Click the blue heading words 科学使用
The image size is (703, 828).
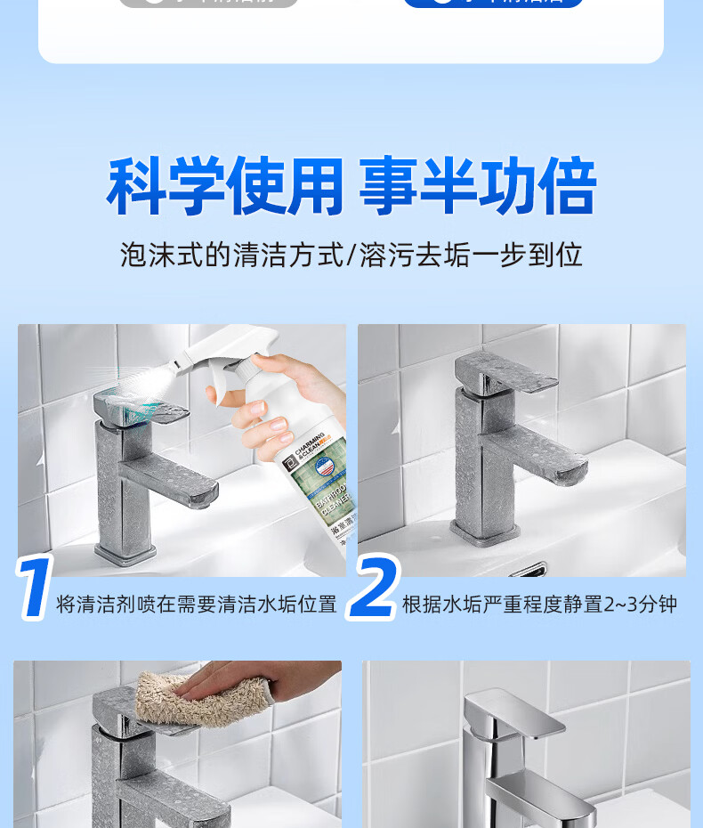(x=224, y=186)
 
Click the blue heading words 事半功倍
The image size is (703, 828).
(x=477, y=186)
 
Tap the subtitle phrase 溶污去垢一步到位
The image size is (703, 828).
(x=470, y=256)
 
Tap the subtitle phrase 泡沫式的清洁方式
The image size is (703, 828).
(x=231, y=256)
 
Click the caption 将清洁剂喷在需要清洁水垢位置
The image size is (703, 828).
(x=197, y=605)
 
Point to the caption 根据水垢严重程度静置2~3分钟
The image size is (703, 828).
(x=539, y=605)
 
